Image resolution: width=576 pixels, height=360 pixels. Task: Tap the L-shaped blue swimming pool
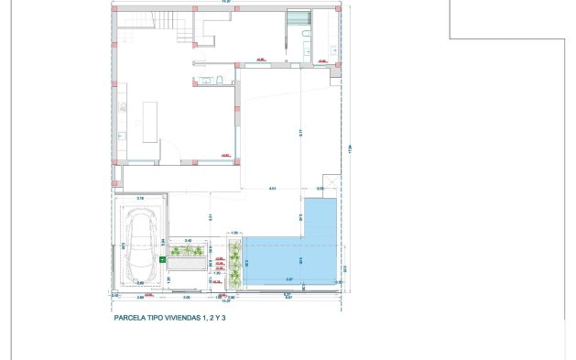click(288, 256)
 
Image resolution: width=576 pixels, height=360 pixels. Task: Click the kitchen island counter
click(153, 119)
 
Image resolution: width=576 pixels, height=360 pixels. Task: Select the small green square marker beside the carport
click(162, 259)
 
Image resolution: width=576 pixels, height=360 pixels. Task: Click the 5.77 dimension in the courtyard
click(299, 132)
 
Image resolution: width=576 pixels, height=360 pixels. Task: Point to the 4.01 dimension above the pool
click(272, 189)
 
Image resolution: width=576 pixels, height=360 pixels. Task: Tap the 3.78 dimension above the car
click(140, 198)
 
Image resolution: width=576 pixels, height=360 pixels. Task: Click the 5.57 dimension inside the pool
click(289, 278)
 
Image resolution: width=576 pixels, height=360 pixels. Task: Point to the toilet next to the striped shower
click(304, 37)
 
